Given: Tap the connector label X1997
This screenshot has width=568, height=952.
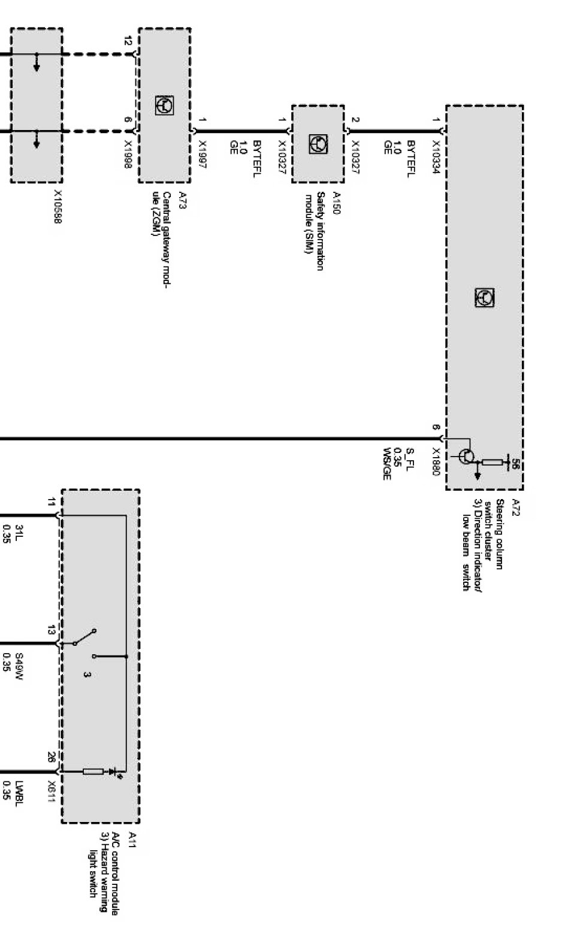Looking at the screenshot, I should [202, 155].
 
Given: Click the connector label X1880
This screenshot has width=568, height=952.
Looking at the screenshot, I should [436, 462].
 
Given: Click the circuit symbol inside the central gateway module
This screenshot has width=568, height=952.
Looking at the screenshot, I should [164, 105].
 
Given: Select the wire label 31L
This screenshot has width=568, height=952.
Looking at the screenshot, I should [19, 530].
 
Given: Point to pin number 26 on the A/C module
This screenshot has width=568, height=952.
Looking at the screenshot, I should [52, 757].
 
